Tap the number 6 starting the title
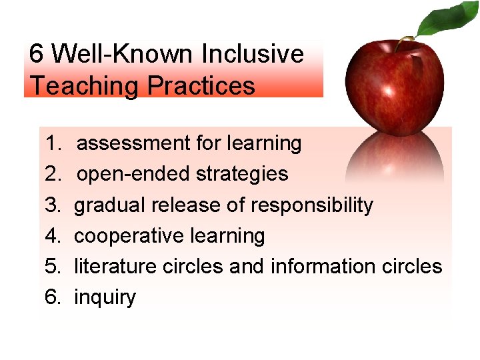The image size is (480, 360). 37,54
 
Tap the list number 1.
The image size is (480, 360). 53,143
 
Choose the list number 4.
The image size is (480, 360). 53,236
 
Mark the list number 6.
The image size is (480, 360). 53,297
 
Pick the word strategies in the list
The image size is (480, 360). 242,174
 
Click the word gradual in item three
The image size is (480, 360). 109,205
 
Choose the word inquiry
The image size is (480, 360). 105,297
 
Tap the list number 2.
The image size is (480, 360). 53,174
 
